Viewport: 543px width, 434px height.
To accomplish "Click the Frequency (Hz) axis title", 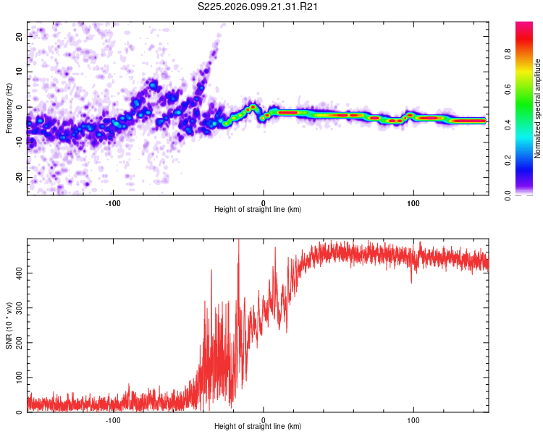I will click(x=9, y=109).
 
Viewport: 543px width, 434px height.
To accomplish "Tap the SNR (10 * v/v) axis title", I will click(x=9, y=325).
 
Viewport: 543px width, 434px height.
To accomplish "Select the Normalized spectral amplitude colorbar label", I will click(x=538, y=109).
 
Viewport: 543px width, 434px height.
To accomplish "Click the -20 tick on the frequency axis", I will click(x=18, y=177).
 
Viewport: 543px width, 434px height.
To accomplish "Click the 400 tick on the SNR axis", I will click(x=17, y=273).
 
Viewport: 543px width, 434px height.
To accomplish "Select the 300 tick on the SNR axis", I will click(x=17, y=308).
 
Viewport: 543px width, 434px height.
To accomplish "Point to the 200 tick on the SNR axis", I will click(x=17, y=343).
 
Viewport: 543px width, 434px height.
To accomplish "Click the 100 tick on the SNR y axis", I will click(x=17, y=378).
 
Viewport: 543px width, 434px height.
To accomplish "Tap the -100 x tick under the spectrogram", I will click(x=113, y=203).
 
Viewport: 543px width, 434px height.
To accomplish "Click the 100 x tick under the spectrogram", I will click(x=413, y=203).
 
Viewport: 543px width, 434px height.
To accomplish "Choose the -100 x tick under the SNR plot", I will click(x=113, y=420).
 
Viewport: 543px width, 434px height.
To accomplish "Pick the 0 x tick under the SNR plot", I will click(x=264, y=420).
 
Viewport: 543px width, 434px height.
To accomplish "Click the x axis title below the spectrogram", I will click(x=258, y=210).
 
